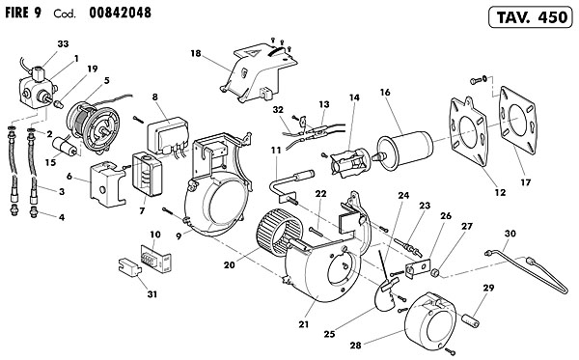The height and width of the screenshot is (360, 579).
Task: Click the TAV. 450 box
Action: pyautogui.click(x=530, y=17)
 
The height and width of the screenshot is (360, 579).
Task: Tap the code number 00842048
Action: pyautogui.click(x=120, y=13)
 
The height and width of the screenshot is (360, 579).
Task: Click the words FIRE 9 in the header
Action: pyautogui.click(x=23, y=13)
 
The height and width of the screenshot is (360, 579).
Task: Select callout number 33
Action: pyautogui.click(x=63, y=44)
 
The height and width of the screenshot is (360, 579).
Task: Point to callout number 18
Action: pyautogui.click(x=196, y=53)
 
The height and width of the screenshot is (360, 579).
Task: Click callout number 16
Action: pyautogui.click(x=385, y=93)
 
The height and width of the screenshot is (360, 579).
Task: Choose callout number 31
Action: pyautogui.click(x=152, y=294)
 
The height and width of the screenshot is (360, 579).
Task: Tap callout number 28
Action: pyautogui.click(x=355, y=346)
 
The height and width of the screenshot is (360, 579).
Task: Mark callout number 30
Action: pyautogui.click(x=510, y=234)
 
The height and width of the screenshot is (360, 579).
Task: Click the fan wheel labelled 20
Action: pyautogui.click(x=280, y=233)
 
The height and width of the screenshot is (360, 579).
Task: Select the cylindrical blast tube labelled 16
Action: pyautogui.click(x=404, y=151)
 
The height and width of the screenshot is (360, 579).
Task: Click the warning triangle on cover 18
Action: pyautogui.click(x=254, y=52)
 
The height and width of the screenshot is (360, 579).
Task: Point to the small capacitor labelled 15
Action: pyautogui.click(x=66, y=146)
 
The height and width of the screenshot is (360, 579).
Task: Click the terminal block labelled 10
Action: pyautogui.click(x=155, y=259)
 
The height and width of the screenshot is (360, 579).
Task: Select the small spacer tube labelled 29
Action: pyautogui.click(x=470, y=319)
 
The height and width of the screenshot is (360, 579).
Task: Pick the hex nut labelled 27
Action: pyautogui.click(x=436, y=273)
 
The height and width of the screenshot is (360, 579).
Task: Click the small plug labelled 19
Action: pyautogui.click(x=58, y=104)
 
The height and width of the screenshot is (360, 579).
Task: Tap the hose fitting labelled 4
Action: pyautogui.click(x=34, y=212)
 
